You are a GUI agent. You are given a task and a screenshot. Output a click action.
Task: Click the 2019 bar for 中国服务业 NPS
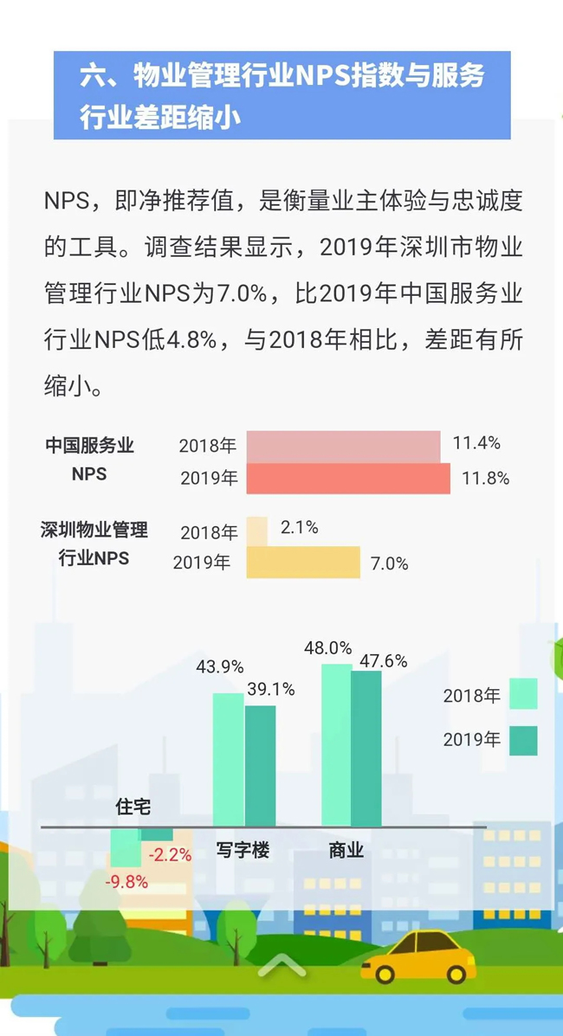[x=348, y=479]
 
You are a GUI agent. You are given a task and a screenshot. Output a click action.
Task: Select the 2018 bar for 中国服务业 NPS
[x=343, y=447]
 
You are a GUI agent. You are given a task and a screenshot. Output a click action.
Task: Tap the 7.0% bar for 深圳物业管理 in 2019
[x=303, y=563]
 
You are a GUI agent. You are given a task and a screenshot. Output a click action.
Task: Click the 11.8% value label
[x=484, y=478]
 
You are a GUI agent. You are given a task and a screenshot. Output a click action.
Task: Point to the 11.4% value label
[x=476, y=444]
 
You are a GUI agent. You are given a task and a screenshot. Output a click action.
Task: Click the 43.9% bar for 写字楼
[x=229, y=759]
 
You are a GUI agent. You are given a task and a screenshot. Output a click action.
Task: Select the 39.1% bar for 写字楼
[x=260, y=765]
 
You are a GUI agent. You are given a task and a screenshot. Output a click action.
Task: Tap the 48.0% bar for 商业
[x=336, y=744]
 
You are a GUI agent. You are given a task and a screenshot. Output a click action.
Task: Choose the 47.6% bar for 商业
[x=366, y=748]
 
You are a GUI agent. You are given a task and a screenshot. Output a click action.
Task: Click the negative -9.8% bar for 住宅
[x=125, y=847]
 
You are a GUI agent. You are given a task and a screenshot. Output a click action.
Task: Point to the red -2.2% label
[x=170, y=855]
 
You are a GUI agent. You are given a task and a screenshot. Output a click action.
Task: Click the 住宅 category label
[x=133, y=807]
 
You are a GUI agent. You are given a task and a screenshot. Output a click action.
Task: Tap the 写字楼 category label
[x=243, y=851]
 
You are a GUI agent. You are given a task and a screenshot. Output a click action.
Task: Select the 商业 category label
[x=346, y=851]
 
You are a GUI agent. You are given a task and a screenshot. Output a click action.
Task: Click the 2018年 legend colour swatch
[x=523, y=694]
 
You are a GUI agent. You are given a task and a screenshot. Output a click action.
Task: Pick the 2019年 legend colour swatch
[x=523, y=740]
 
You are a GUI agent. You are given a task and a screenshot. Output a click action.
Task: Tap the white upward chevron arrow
[x=281, y=964]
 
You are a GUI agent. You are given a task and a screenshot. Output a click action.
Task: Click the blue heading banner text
[x=281, y=95]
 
